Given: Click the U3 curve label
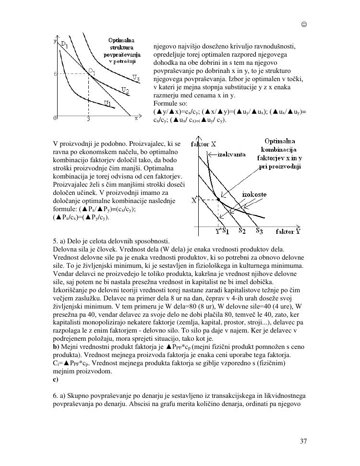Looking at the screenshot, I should pyautogui.click(x=136, y=77).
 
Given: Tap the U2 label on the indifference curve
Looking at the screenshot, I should pyautogui.click(x=124, y=90).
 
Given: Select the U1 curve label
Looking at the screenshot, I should pyautogui.click(x=108, y=102).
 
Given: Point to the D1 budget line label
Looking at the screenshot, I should pyautogui.click(x=64, y=45).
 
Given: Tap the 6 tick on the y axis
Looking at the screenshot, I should pyautogui.click(x=56, y=74).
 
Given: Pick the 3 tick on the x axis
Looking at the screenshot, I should pyautogui.click(x=89, y=118).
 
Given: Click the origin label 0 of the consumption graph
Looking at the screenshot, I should pyautogui.click(x=56, y=118).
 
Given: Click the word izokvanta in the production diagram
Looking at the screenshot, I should pyautogui.click(x=231, y=154).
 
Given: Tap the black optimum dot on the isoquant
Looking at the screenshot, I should pyautogui.click(x=218, y=199).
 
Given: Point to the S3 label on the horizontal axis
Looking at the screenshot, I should pyautogui.click(x=259, y=230).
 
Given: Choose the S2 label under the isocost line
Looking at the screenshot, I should pyautogui.click(x=242, y=230).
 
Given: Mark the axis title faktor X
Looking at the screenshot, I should pyautogui.click(x=204, y=143).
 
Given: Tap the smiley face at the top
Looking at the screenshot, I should pyautogui.click(x=303, y=24).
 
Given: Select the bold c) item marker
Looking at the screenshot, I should pyautogui.click(x=56, y=379).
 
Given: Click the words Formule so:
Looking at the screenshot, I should pyautogui.click(x=167, y=103).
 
